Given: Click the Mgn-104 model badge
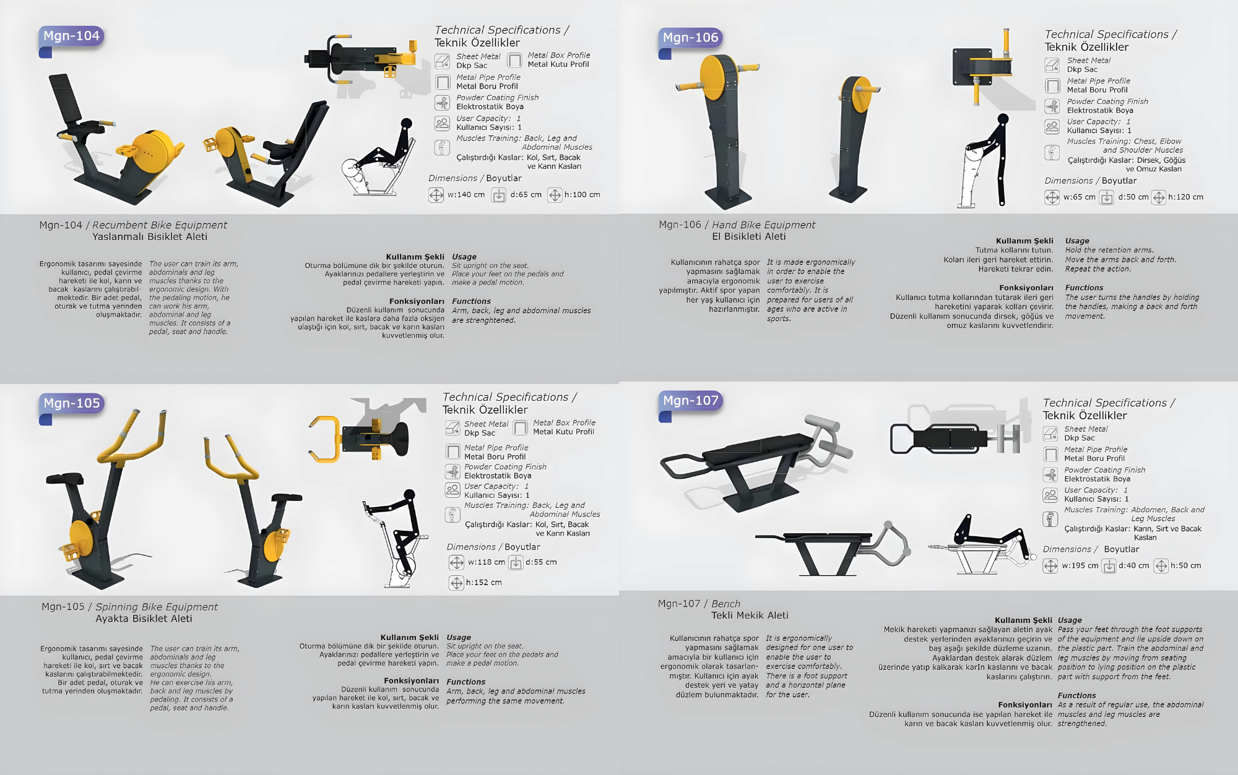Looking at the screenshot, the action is (71, 36).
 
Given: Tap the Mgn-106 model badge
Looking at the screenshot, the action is (690, 38).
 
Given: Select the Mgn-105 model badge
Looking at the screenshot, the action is (71, 403).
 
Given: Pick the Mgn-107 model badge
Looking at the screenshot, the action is (690, 401).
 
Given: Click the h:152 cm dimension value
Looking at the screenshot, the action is (484, 583).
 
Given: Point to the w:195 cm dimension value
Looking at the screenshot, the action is (1080, 566).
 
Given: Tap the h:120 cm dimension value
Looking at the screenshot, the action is (1186, 197).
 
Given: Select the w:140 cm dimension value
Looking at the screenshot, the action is (466, 195).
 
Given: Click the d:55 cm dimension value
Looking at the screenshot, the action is (541, 562).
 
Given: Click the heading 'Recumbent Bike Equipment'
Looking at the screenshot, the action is (160, 225).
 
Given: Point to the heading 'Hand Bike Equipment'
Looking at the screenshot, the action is (764, 225).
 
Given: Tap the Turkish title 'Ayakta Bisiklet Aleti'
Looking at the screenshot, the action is (144, 619).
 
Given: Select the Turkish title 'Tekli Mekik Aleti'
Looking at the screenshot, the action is (750, 615).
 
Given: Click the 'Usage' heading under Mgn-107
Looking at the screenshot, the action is (1070, 620).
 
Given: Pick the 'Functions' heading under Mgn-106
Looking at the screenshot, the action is (1084, 288).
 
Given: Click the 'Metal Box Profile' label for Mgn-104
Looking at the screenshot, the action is (559, 55).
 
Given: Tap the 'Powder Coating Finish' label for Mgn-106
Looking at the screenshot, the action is (1107, 101).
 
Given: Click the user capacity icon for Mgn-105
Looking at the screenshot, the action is (453, 490).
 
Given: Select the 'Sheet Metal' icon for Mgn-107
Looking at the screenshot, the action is (1050, 434).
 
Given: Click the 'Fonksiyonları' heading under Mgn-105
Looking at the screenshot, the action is (411, 681).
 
